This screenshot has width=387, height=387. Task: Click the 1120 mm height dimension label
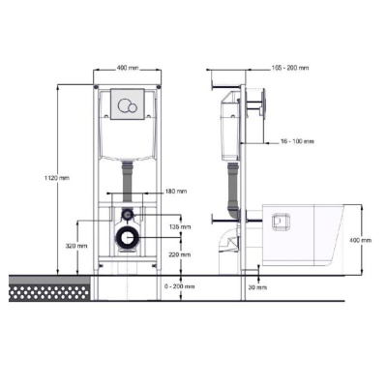[x=57, y=178]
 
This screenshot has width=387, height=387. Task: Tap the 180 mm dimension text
[x=177, y=192]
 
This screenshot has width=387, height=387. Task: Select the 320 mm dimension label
[x=76, y=246]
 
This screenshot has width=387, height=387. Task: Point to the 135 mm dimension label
[x=180, y=226]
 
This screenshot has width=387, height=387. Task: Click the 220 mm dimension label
[x=180, y=254]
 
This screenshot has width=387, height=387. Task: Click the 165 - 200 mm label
[x=290, y=68]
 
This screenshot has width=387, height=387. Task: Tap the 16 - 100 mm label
[x=297, y=141]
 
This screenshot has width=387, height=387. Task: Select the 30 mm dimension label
[x=257, y=287]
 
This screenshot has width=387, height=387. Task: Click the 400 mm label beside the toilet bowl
[x=361, y=240]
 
